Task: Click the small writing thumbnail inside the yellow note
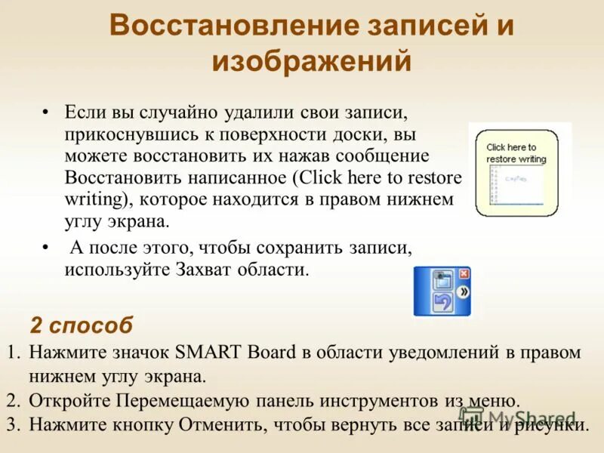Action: tap(516, 185)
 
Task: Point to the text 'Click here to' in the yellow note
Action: tap(511, 147)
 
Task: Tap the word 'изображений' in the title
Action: tap(311, 60)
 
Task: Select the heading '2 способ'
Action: tap(81, 325)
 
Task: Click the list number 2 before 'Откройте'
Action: tap(12, 400)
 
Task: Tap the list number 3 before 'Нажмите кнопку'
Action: tap(12, 424)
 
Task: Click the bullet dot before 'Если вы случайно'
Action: tap(46, 112)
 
